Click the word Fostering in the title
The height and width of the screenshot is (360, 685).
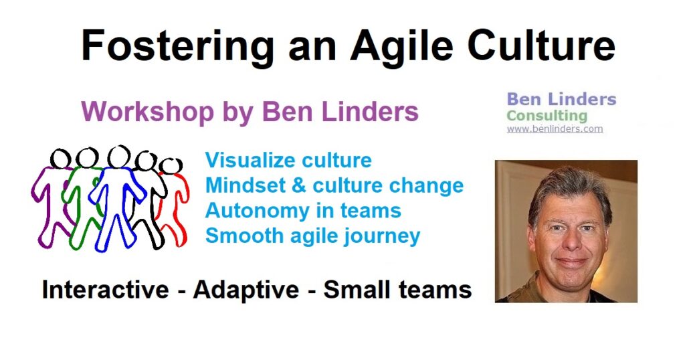coord(178,46)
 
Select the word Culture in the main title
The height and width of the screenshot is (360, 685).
coord(542,45)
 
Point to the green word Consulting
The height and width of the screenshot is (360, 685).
coord(547,116)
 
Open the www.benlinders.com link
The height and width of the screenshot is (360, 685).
coord(555,129)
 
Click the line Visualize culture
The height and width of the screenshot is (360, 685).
coord(288,161)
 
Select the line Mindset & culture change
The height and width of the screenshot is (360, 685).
coord(334,185)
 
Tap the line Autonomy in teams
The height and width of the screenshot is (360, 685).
coord(303,211)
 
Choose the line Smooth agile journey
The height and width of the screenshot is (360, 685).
coord(313,236)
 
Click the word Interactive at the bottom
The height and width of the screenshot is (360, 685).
coord(105,290)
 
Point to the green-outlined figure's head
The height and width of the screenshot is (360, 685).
coord(87,157)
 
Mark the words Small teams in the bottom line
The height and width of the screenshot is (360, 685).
coord(397,290)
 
